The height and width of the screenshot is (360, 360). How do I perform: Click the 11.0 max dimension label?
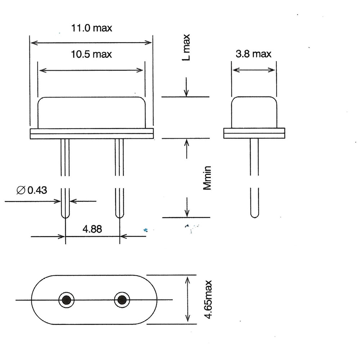tap(91, 28)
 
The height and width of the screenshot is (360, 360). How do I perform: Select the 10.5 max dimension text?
tap(91, 54)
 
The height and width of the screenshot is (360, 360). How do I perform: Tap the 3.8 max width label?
tap(253, 54)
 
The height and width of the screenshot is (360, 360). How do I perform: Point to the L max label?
tap(186, 47)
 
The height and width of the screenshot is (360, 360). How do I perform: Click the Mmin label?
tap(207, 178)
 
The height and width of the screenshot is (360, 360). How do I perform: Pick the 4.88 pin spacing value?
tap(92, 229)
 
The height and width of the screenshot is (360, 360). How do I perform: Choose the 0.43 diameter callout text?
tap(37, 190)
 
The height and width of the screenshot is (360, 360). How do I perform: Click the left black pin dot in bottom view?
tap(67, 300)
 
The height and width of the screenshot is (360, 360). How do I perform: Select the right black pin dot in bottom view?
tap(122, 300)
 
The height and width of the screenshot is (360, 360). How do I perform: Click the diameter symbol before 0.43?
tap(21, 190)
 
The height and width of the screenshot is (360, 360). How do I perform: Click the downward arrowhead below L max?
tap(186, 93)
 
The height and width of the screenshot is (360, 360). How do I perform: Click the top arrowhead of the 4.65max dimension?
tap(188, 279)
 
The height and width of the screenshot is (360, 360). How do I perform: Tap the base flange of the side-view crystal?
tap(254, 133)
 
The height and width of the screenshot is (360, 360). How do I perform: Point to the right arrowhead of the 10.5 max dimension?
tap(140, 70)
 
